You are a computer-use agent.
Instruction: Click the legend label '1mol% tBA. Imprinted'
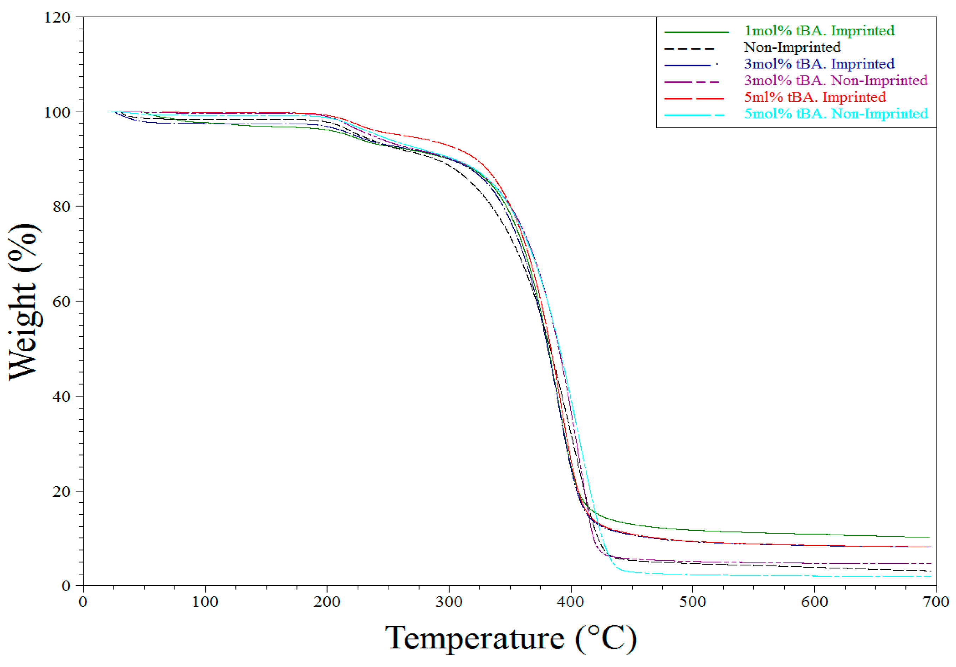819,31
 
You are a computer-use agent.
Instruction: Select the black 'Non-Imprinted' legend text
792,47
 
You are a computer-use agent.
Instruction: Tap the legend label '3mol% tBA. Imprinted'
819,64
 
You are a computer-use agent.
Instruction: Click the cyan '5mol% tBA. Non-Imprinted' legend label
836,114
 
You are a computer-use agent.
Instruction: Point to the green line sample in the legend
696,32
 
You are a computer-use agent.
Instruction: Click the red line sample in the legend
694,99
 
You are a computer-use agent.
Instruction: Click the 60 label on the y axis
61,302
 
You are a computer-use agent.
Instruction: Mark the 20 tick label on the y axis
61,492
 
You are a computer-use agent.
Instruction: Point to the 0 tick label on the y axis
66,586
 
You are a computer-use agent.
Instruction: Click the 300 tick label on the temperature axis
449,602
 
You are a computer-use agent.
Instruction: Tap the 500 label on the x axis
692,602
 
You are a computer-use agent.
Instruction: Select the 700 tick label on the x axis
936,602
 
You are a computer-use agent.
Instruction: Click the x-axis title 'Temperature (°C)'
510,638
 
